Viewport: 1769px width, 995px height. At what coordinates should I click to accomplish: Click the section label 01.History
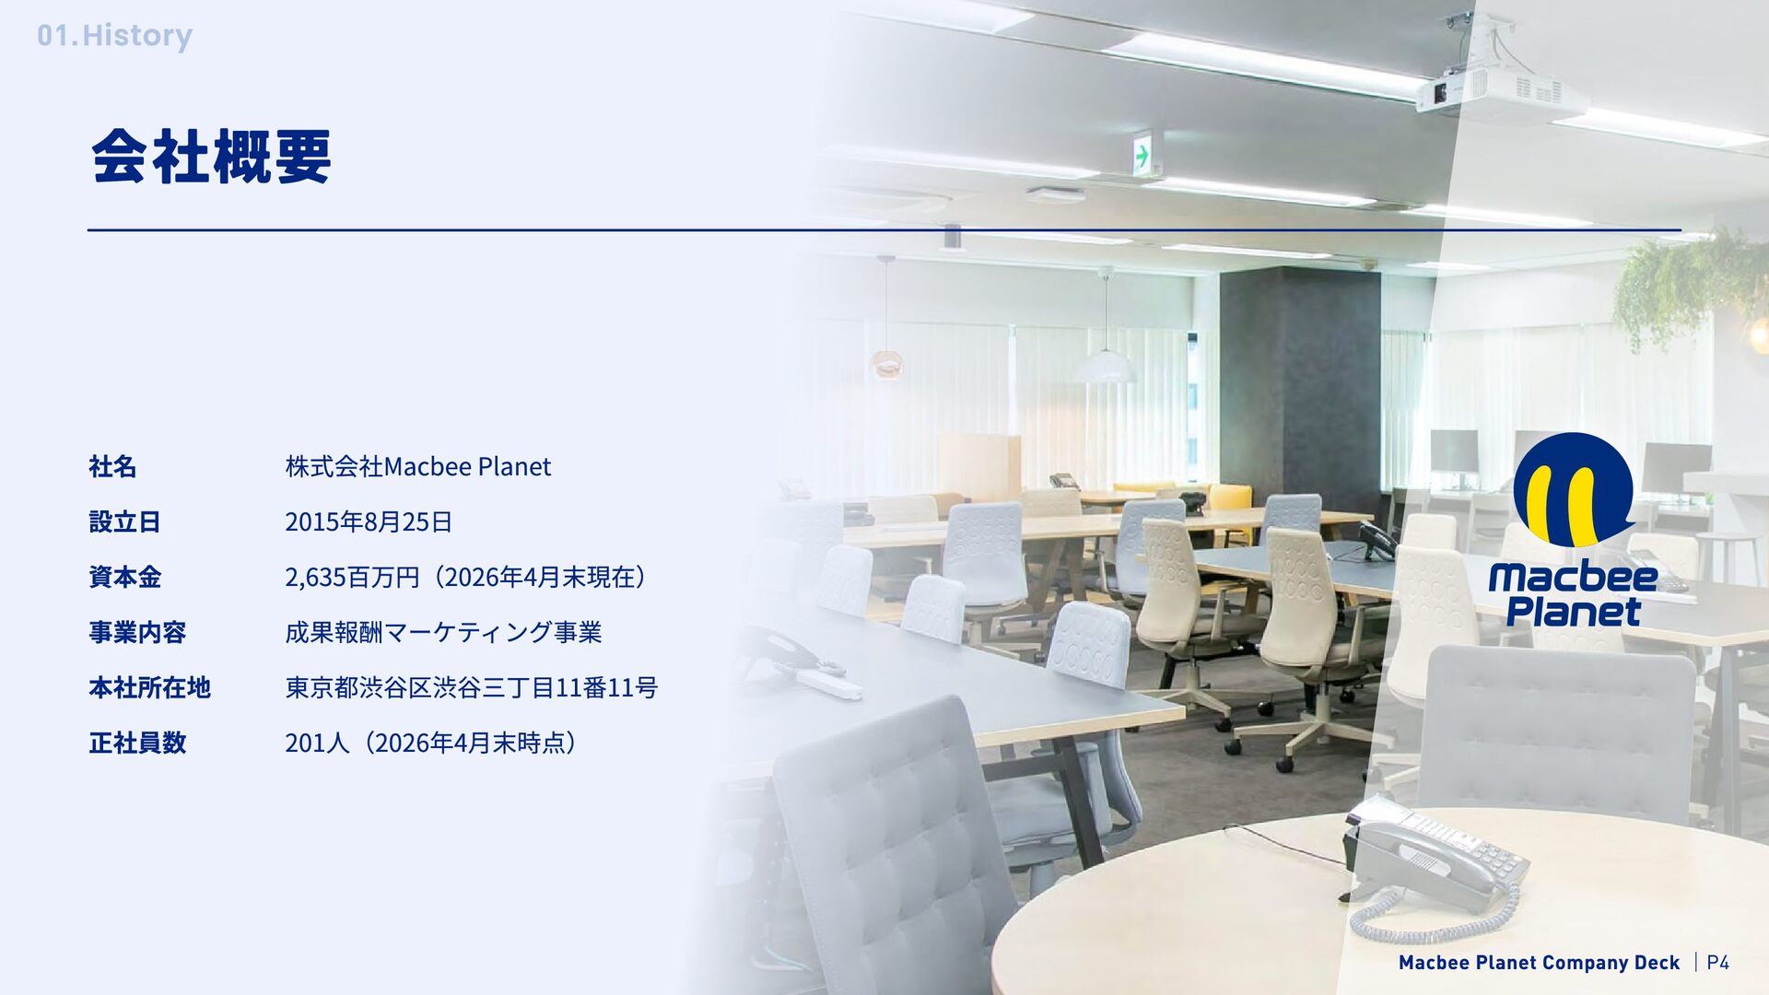pyautogui.click(x=114, y=36)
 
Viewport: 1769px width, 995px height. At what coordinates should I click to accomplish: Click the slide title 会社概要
pyautogui.click(x=211, y=157)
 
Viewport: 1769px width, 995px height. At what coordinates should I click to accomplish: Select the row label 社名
pyautogui.click(x=112, y=467)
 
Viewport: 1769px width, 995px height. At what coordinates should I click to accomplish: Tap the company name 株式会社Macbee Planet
pyautogui.click(x=418, y=467)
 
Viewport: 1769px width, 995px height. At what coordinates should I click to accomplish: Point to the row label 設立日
pyautogui.click(x=124, y=522)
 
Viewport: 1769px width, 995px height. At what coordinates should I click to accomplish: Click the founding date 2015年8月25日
pyautogui.click(x=369, y=522)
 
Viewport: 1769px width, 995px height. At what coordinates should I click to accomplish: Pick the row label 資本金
pyautogui.click(x=124, y=578)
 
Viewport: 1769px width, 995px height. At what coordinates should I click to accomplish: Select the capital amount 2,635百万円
pyautogui.click(x=352, y=578)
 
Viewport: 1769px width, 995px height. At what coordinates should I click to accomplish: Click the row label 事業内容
pyautogui.click(x=137, y=633)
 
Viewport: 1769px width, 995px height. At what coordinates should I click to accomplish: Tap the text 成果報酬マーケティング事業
pyautogui.click(x=443, y=633)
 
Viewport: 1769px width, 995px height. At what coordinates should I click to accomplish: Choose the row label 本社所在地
pyautogui.click(x=149, y=688)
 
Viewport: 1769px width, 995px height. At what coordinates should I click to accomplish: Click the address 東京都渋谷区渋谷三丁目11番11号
pyautogui.click(x=472, y=688)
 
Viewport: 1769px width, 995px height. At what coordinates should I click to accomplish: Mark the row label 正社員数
pyautogui.click(x=137, y=743)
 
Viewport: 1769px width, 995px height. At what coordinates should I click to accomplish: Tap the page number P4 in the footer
pyautogui.click(x=1717, y=963)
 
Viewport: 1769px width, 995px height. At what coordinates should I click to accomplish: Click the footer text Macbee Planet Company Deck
pyautogui.click(x=1539, y=963)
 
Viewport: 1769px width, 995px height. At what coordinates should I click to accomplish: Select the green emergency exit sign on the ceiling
pyautogui.click(x=1142, y=154)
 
